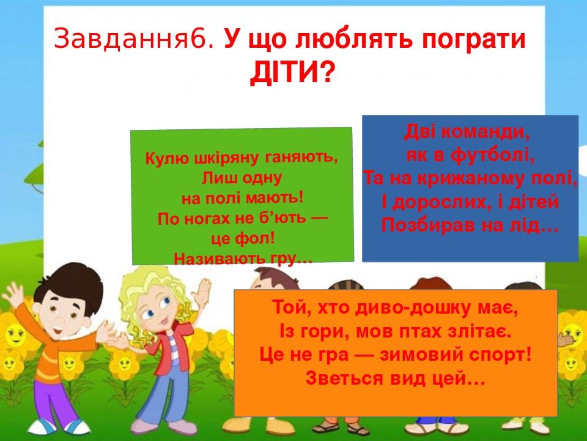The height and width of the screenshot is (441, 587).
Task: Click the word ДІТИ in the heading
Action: (284, 72)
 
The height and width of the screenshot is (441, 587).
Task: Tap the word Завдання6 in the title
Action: (135, 39)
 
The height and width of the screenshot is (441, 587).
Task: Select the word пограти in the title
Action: (474, 40)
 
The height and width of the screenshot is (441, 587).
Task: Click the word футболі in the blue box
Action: (493, 154)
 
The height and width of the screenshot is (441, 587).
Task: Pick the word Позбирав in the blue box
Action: (424, 225)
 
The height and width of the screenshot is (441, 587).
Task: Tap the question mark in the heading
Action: (327, 72)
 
